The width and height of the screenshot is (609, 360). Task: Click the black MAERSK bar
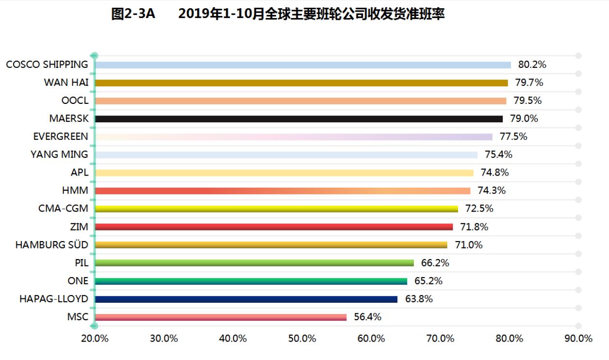[x=298, y=119]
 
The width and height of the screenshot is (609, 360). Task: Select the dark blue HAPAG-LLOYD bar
[x=246, y=299]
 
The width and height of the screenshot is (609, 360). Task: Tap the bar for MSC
[x=221, y=317]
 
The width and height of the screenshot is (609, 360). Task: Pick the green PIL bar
[x=254, y=263]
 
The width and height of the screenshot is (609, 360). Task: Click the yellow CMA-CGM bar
[x=276, y=209]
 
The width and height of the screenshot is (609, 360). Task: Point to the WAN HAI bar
[x=301, y=83]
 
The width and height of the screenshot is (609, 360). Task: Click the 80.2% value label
[x=532, y=65]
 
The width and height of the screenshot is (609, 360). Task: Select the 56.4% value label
[x=367, y=317]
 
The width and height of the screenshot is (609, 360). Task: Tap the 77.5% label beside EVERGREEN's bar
[x=513, y=137]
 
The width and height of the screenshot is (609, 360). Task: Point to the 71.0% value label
[x=468, y=245]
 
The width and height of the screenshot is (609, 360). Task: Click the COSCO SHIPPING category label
[x=47, y=65]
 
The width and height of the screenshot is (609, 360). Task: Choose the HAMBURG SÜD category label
[x=52, y=245]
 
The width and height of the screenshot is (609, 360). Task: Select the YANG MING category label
[x=59, y=155]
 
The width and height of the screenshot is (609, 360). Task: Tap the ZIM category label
[x=79, y=227]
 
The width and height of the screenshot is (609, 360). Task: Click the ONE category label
[x=78, y=281]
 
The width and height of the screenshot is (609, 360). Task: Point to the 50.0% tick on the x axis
[x=302, y=339]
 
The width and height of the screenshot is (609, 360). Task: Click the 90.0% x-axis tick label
[x=578, y=339]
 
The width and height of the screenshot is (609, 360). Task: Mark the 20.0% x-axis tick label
[x=95, y=339]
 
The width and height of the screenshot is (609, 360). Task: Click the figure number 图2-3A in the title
[x=133, y=15]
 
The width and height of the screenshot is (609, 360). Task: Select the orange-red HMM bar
[x=282, y=191]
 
